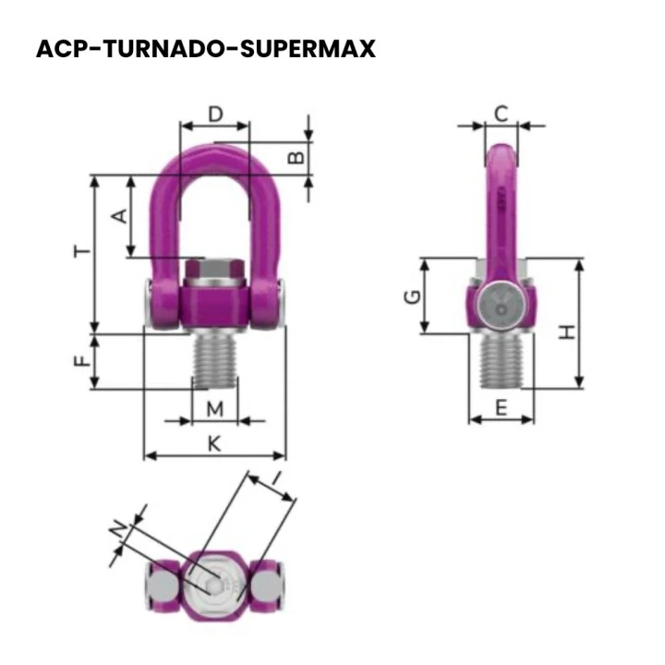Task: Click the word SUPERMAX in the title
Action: coord(308,48)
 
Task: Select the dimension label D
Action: coord(215,115)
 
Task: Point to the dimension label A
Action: coord(118,215)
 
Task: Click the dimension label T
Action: coord(81,251)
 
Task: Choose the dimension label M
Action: coord(214,408)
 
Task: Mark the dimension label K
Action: coord(214,443)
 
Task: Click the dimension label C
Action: coord(501,114)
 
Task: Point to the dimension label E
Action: coord(501,406)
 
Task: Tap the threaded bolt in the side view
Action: coord(501,360)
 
